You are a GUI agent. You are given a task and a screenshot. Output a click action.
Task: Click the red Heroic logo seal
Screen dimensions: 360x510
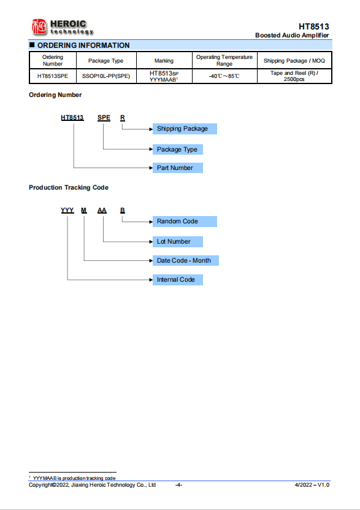pos(39,26)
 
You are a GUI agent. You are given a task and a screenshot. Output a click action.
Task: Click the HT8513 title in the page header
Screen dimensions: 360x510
pos(313,26)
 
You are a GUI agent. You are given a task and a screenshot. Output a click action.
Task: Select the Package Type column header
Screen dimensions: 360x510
pos(105,61)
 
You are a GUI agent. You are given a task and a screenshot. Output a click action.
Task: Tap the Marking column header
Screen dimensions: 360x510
pos(164,61)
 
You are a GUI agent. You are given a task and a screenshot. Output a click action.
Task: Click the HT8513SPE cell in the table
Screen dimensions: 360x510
pos(53,76)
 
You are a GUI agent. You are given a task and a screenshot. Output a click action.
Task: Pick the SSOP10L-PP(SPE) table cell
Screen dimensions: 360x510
pos(106,76)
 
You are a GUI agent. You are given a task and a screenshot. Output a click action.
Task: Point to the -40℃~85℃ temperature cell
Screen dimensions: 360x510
pos(224,76)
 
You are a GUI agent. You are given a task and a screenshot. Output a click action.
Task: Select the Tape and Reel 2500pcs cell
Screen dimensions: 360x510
pos(294,76)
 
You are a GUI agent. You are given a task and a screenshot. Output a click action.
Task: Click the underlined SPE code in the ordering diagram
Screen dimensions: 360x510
pos(104,118)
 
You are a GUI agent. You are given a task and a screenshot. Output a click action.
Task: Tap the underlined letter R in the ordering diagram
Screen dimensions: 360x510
pos(123,118)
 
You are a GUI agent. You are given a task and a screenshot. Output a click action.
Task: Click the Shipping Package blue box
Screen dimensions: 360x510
pos(185,129)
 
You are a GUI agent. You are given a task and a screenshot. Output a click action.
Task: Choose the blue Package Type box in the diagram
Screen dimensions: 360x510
pos(178,150)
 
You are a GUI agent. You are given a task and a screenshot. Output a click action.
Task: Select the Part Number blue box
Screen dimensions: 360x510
pos(178,168)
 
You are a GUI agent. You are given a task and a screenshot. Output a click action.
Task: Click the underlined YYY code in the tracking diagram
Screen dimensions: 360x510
pos(67,211)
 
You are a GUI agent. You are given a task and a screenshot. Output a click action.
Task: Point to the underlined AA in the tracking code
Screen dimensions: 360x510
pos(102,211)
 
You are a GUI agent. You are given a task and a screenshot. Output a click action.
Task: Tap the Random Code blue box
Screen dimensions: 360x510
pos(185,222)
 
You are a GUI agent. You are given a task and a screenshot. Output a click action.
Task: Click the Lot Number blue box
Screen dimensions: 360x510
pos(178,242)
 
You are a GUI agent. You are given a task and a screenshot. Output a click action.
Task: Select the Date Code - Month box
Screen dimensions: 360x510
pos(186,261)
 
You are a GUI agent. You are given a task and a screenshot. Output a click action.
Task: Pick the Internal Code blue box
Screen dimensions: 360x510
pos(178,280)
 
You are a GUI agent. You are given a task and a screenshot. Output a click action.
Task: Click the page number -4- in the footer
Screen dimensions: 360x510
pos(178,485)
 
